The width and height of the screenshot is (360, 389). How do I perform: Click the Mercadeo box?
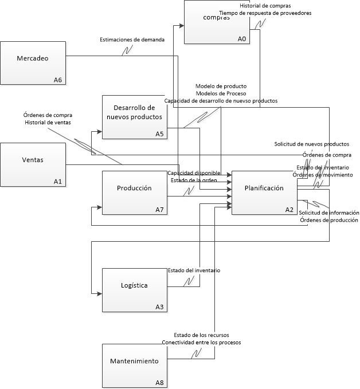(x=33, y=63)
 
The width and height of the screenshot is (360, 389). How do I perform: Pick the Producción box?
(x=134, y=192)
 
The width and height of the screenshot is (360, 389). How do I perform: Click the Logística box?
(x=134, y=290)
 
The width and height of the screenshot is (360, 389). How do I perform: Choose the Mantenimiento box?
(x=134, y=365)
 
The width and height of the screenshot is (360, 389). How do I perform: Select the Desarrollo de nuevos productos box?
(x=134, y=117)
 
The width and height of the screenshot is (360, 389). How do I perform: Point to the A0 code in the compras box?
(x=241, y=39)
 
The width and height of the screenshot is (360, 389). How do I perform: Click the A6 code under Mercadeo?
(x=57, y=80)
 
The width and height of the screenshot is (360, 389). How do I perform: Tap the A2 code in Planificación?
(x=289, y=210)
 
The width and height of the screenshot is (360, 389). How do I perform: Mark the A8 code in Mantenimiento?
(x=159, y=382)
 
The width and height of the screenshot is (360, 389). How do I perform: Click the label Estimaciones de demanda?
(x=132, y=40)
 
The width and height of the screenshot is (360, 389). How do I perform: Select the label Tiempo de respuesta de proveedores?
(x=265, y=13)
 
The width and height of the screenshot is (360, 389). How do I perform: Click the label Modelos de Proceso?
(x=221, y=93)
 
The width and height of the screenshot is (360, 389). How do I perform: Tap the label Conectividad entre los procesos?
(x=201, y=342)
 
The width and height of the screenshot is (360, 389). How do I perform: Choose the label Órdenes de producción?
(x=332, y=220)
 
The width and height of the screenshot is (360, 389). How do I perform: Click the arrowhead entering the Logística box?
(x=100, y=293)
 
